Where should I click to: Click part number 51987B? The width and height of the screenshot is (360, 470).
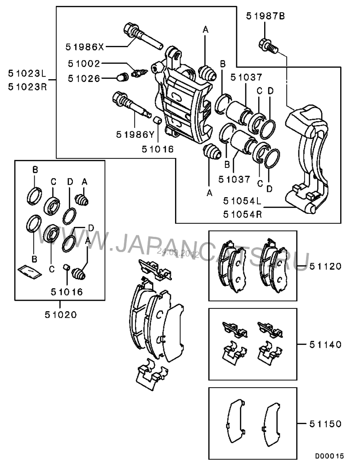pos(265,17)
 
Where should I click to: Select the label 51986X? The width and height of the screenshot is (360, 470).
pos(84,46)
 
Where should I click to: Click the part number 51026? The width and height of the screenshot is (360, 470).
pos(84,78)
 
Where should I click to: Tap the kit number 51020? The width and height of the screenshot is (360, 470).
pos(60,314)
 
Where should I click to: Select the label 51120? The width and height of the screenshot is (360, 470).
pos(325,266)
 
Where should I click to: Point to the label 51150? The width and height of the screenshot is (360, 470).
pos(325,424)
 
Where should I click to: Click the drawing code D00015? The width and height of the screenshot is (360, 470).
pos(329,456)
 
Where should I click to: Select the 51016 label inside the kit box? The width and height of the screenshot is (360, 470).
pos(67,292)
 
